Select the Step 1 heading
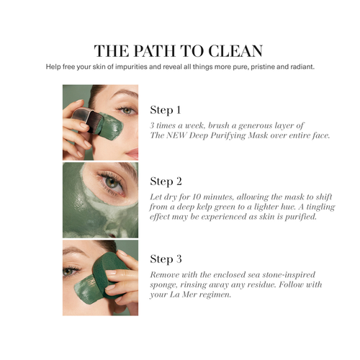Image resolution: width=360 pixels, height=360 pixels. pyautogui.click(x=166, y=110)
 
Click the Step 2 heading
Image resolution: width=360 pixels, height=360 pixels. pyautogui.click(x=166, y=181)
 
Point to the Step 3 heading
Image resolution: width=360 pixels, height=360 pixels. pyautogui.click(x=166, y=259)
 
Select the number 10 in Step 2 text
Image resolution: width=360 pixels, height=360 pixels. pyautogui.click(x=197, y=197)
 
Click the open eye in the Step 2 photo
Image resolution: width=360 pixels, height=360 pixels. pyautogui.click(x=112, y=183)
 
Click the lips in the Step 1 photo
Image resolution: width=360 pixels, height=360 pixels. pyautogui.click(x=132, y=153)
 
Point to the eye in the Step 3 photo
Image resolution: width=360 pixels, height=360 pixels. pyautogui.click(x=69, y=271)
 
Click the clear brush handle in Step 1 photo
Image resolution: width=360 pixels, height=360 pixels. pyautogui.click(x=82, y=114)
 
